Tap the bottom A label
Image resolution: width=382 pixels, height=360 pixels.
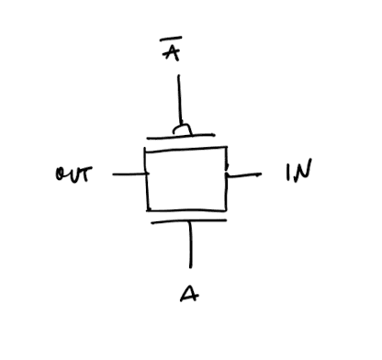[188, 294]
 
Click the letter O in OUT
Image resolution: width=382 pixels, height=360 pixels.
[60, 174]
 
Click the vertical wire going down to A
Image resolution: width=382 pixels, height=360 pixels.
[190, 244]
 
